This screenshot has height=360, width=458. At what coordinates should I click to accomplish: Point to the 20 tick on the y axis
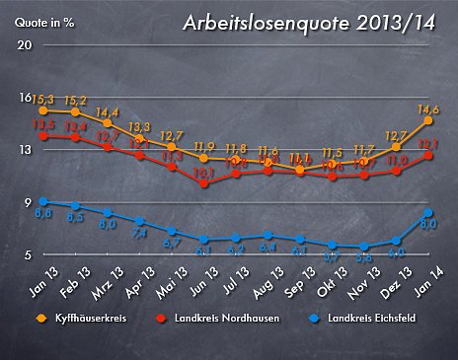[x=26, y=45]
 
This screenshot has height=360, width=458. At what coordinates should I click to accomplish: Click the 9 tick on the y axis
[x=28, y=202]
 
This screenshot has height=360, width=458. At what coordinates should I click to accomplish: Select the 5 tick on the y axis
[x=28, y=254]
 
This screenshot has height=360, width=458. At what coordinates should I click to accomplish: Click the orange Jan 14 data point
[x=428, y=120]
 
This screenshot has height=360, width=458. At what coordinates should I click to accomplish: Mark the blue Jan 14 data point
[x=428, y=212]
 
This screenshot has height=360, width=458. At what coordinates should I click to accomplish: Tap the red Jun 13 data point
[x=203, y=182]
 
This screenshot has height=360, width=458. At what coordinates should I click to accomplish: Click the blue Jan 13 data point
[x=42, y=201]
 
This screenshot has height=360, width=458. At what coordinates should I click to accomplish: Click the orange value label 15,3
[x=43, y=100]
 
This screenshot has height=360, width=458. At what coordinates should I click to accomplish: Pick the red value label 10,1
[x=203, y=172]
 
